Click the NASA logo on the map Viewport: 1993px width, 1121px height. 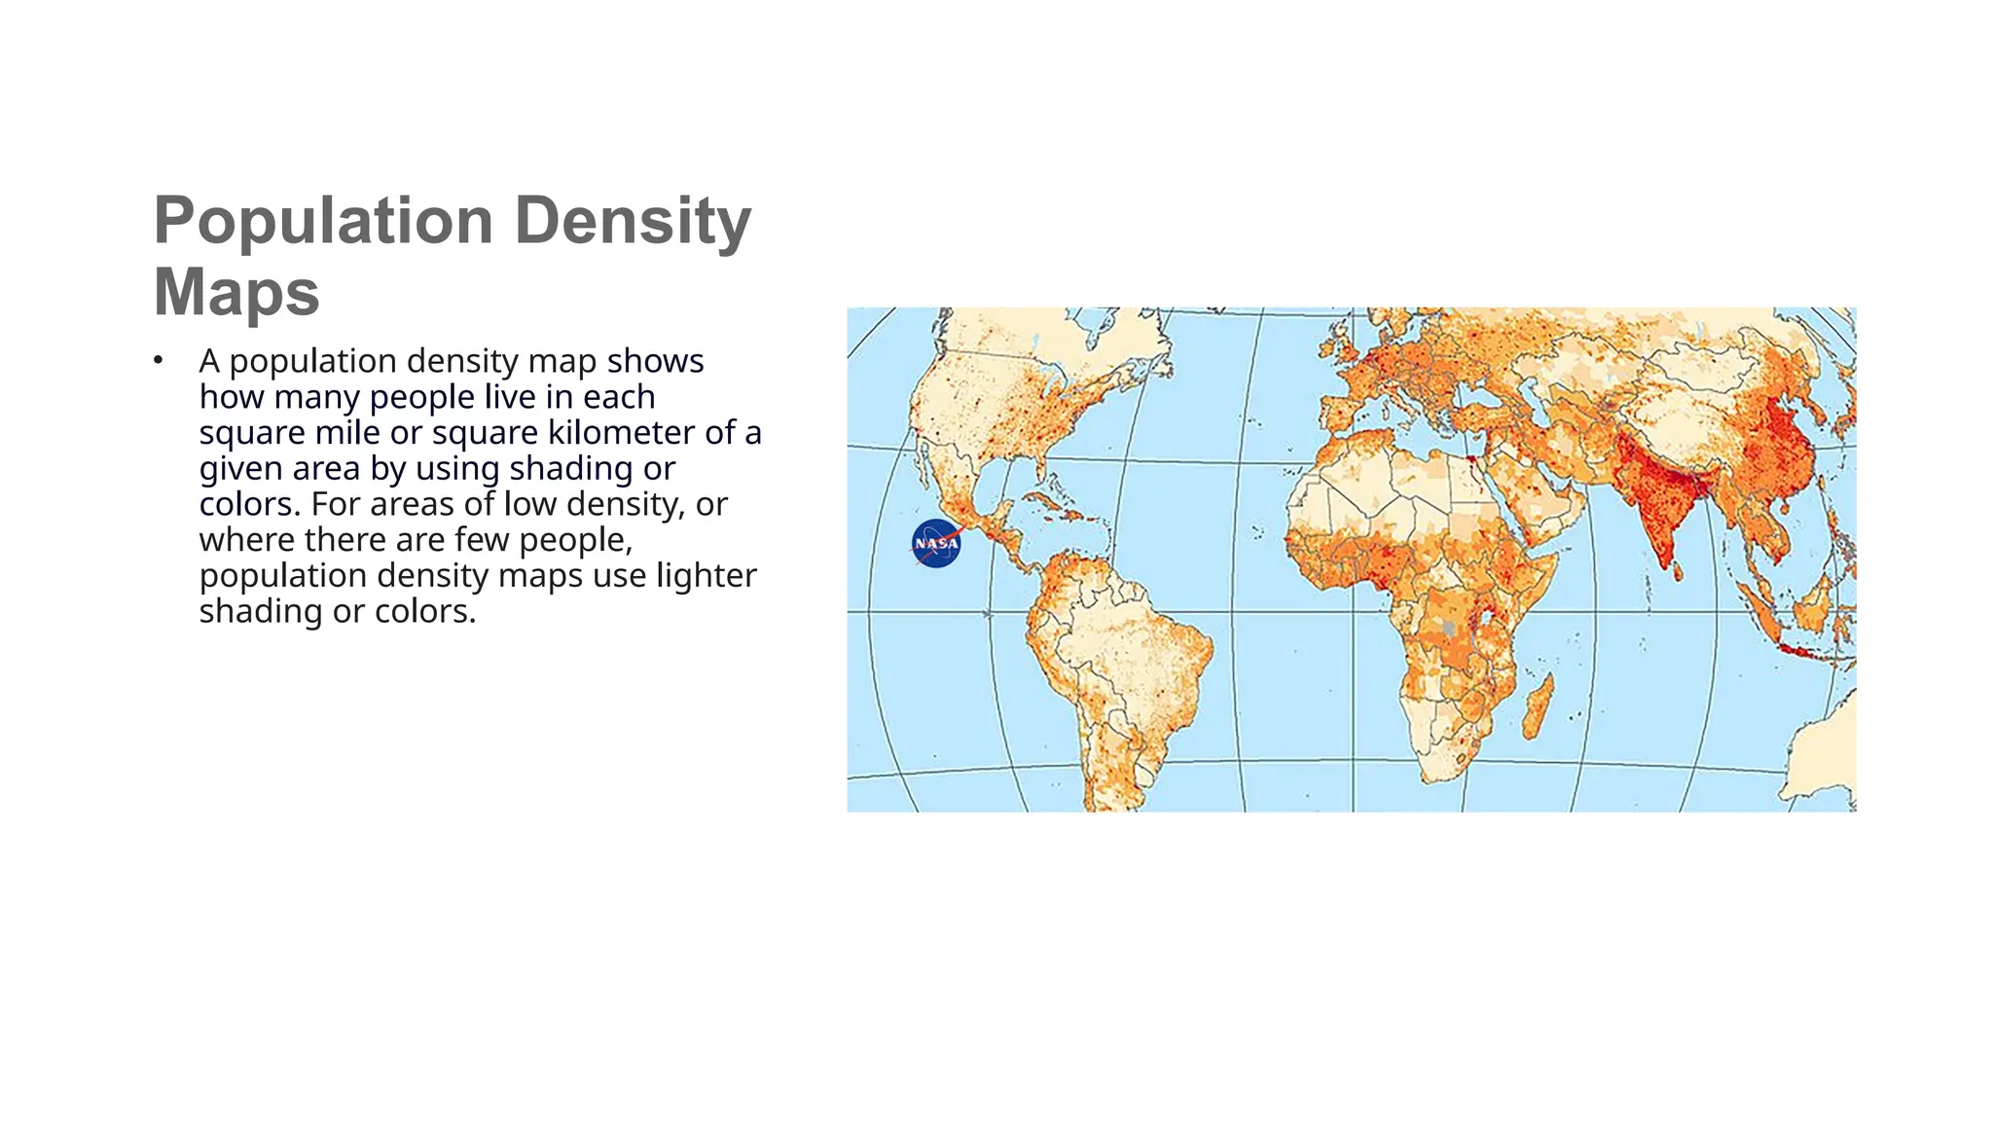[x=936, y=543]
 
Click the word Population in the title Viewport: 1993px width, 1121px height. [x=323, y=221]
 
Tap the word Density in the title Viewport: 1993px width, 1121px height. [x=633, y=221]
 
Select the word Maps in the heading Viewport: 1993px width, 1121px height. [x=236, y=292]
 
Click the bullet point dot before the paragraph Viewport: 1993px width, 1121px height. [x=158, y=361]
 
